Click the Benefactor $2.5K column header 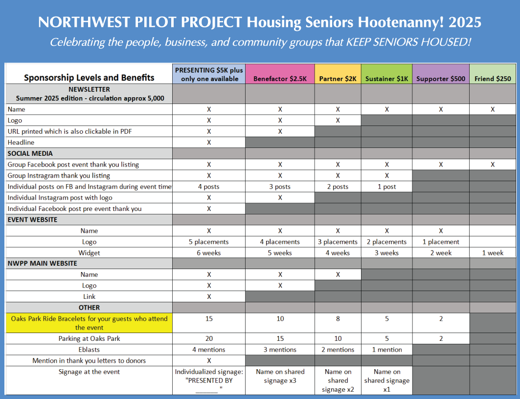click(x=280, y=74)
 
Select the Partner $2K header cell click(x=338, y=74)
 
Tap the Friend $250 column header click(x=493, y=74)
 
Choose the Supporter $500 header click(x=441, y=74)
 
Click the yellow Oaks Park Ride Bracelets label click(x=89, y=323)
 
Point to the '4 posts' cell click(x=209, y=187)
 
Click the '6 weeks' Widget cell click(x=209, y=253)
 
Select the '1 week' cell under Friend click(x=493, y=253)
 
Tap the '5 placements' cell click(x=209, y=242)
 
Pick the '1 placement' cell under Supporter click(x=441, y=242)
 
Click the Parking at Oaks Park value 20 click(x=209, y=338)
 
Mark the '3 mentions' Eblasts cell click(x=280, y=350)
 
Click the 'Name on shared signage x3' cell click(x=280, y=376)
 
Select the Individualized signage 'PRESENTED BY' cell click(x=209, y=380)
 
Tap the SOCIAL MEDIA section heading click(x=30, y=154)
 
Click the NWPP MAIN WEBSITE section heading click(x=43, y=263)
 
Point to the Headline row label click(x=21, y=143)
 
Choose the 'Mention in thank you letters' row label click(x=89, y=360)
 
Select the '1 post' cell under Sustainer click(x=386, y=187)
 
